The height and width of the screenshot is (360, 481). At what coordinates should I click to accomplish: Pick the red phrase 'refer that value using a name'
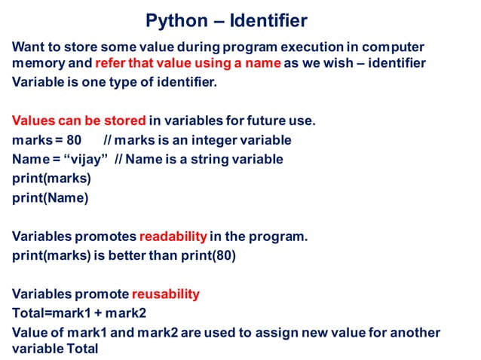coord(188,63)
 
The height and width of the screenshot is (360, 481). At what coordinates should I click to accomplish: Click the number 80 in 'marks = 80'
coord(74,140)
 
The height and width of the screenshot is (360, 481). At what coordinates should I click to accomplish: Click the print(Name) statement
coord(50,199)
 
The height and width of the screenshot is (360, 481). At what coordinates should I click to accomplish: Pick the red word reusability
coord(166,294)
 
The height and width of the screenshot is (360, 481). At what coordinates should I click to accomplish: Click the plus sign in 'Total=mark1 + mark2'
coord(97,313)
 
